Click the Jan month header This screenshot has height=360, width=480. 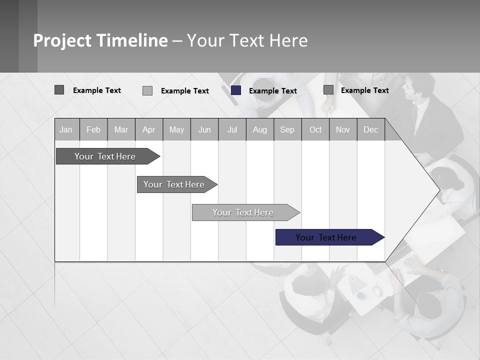[x=66, y=129]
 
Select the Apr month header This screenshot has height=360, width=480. [x=148, y=129]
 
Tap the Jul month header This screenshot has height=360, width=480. [x=232, y=129]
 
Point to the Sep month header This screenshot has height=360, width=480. [x=287, y=129]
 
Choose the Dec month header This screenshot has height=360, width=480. [x=370, y=129]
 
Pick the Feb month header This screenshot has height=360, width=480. [x=93, y=129]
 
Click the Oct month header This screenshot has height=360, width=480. [x=315, y=129]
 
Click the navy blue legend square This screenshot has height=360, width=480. [x=236, y=90]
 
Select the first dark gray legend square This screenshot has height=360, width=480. [x=59, y=90]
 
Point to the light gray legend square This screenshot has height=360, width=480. [x=147, y=90]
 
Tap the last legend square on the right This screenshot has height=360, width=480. [x=328, y=89]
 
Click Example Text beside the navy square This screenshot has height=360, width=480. [x=272, y=90]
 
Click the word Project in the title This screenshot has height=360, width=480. [x=62, y=40]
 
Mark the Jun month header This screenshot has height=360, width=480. [x=204, y=129]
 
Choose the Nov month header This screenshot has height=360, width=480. [x=343, y=129]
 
